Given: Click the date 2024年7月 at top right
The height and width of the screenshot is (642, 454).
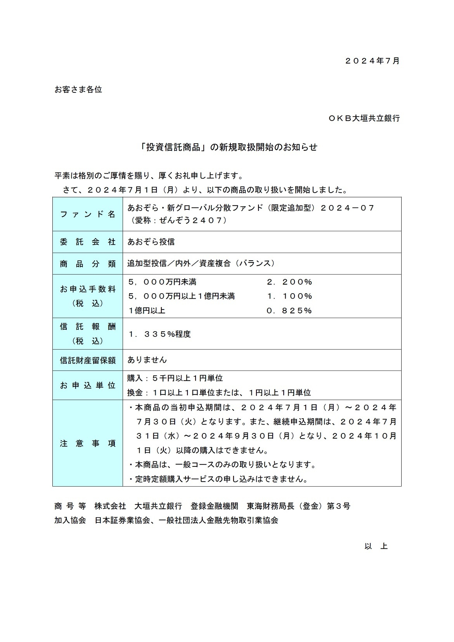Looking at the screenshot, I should click(372, 61).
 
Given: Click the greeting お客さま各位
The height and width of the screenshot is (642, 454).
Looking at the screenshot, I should click(78, 90).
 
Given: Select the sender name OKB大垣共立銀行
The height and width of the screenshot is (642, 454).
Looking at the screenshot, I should click(364, 118).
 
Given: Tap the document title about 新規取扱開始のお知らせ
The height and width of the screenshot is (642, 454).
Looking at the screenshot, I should click(229, 147).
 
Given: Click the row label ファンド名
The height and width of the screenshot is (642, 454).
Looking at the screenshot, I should click(88, 214).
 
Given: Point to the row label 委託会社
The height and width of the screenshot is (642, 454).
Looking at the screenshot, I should click(88, 242).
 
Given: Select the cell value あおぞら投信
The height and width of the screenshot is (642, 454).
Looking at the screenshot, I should click(151, 242).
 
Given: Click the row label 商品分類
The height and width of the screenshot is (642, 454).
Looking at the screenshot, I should click(88, 264).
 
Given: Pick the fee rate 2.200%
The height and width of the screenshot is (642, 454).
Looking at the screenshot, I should click(289, 282).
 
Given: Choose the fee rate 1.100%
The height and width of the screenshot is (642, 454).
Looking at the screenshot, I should click(289, 296).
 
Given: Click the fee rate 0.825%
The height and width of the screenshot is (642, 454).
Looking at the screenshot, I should click(289, 311).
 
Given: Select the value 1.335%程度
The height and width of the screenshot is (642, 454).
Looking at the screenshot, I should click(159, 334).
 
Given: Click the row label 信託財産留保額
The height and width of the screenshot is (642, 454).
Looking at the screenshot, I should click(88, 360).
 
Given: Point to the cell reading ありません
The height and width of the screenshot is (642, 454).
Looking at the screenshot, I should click(147, 360).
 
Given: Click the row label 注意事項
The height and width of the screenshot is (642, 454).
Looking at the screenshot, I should click(88, 444).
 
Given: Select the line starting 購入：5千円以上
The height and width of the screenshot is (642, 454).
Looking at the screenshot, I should click(175, 378).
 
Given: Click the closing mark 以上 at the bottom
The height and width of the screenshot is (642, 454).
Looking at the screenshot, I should click(376, 546).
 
